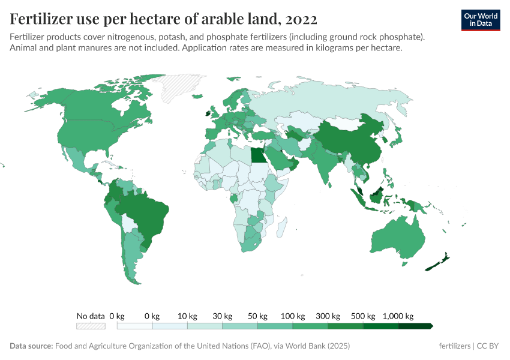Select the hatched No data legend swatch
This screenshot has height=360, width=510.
(x=91, y=326)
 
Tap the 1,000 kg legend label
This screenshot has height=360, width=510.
(x=398, y=316)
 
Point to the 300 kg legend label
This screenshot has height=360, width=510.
(x=328, y=316)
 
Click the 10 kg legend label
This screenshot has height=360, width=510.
(x=187, y=316)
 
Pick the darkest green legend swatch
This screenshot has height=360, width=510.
(x=415, y=326)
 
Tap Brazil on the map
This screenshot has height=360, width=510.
(x=144, y=213)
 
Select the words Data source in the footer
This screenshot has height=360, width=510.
(x=31, y=346)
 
